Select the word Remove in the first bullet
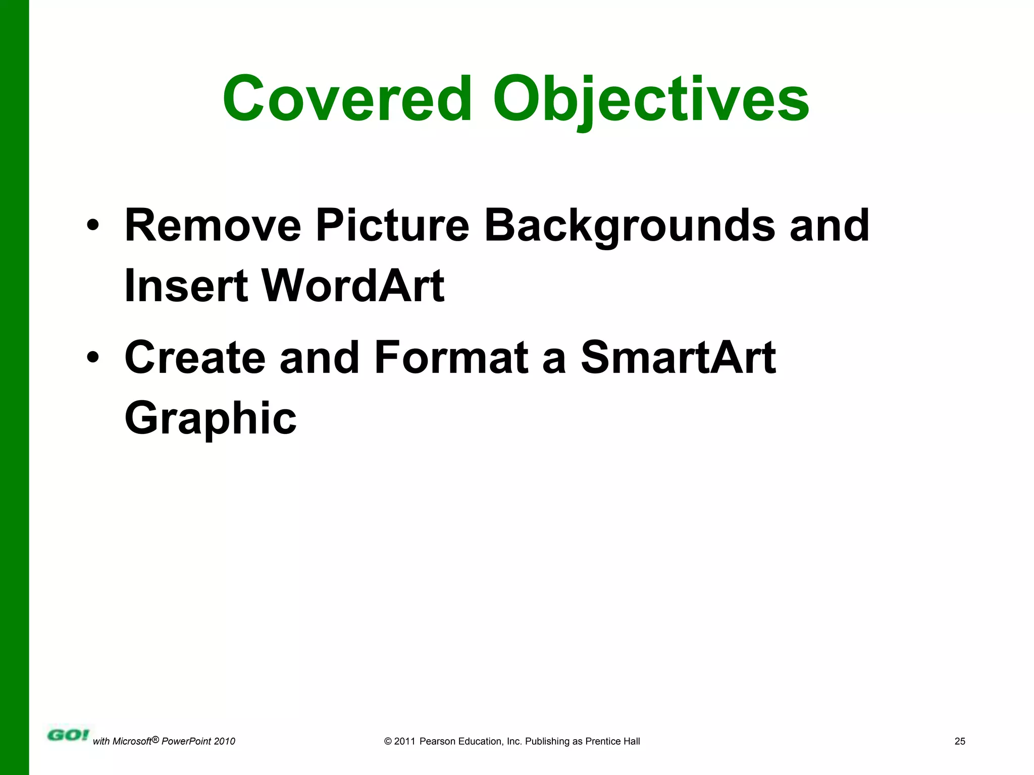(213, 226)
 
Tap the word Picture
(392, 226)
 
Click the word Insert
(186, 286)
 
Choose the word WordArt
(353, 286)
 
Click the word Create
(195, 358)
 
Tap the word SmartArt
(678, 358)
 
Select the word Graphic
(211, 418)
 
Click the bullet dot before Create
(92, 357)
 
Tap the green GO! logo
(68, 735)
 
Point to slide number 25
(960, 741)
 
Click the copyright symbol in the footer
(388, 741)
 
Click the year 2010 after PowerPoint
(224, 741)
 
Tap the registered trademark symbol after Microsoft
(156, 739)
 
